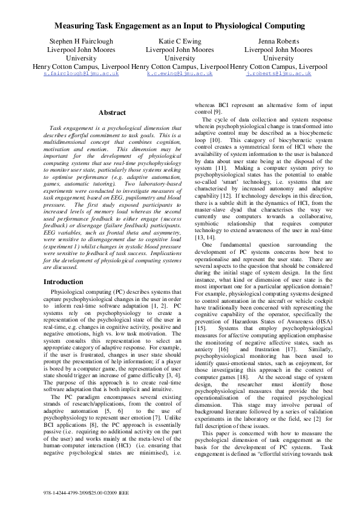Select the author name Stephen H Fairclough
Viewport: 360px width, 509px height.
(76, 42)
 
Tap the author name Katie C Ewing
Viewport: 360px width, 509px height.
(180, 42)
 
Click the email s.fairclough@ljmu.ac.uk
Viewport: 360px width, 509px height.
(76, 73)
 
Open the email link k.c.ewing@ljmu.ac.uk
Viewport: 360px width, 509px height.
(180, 73)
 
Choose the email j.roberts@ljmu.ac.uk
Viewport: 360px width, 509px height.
(278, 73)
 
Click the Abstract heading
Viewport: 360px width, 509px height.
(112, 112)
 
